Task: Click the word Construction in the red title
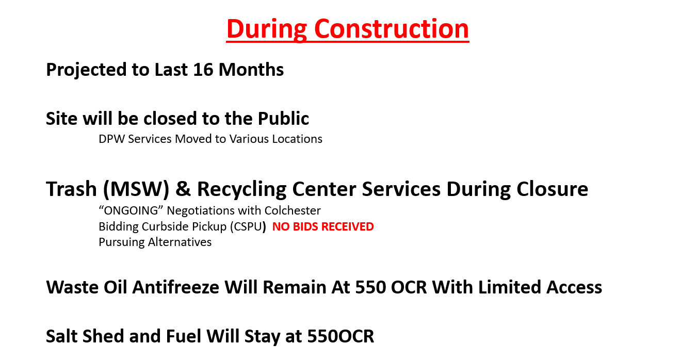392,29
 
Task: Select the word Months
251,70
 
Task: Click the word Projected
86,70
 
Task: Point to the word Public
283,118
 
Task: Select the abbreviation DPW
112,139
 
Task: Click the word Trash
71,189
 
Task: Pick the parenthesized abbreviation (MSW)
136,189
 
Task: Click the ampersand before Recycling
183,189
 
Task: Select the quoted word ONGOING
131,210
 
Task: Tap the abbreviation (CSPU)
248,227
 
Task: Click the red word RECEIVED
347,226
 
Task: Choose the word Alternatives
180,242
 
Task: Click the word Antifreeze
175,287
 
